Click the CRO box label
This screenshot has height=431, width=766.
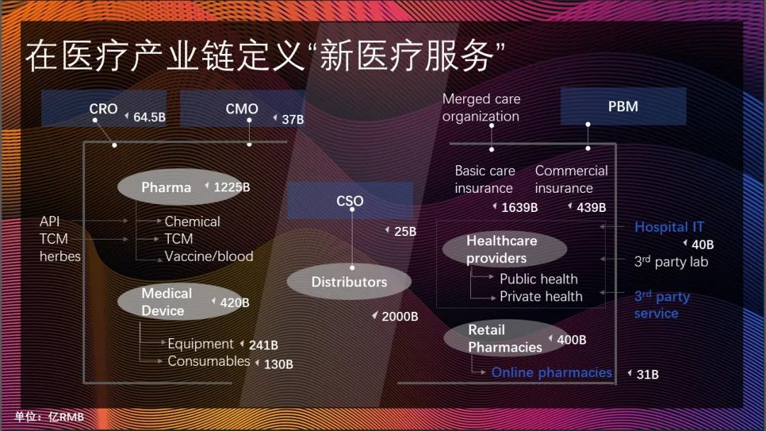point(104,109)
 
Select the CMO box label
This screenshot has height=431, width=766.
point(242,109)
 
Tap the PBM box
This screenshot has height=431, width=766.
point(623,106)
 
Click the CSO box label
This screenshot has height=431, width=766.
point(350,201)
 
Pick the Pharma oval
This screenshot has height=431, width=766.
point(167,187)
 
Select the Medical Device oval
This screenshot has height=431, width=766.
point(167,302)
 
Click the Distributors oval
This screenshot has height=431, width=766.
point(349,281)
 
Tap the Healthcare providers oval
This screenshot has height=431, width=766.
point(502,250)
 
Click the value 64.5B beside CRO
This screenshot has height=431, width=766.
point(149,117)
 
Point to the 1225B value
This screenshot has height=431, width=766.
point(231,187)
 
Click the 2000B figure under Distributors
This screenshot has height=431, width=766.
point(399,317)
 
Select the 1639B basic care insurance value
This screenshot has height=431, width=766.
point(519,208)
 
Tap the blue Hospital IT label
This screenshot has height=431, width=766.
point(669,227)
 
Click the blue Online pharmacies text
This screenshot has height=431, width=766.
point(551,372)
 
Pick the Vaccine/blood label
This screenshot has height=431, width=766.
point(209,256)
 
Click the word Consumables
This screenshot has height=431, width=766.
point(209,362)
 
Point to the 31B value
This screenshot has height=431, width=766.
point(647,374)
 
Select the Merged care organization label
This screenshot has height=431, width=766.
point(482,108)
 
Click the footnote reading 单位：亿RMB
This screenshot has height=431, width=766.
point(49,417)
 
